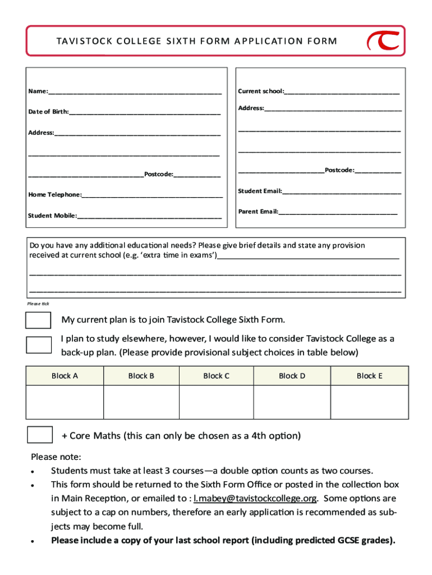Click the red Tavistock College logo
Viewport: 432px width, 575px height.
pos(383,41)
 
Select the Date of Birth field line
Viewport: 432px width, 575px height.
pos(145,112)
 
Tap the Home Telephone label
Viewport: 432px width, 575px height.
pos(54,194)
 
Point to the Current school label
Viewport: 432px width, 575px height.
pos(260,91)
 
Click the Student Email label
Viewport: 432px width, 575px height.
pos(259,191)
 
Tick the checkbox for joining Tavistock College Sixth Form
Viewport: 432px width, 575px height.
pos(39,320)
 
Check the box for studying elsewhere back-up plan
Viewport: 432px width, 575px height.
pos(39,345)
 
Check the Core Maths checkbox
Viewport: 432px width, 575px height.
pos(40,435)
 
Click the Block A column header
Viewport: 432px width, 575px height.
pos(65,376)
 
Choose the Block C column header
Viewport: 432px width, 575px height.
pos(216,376)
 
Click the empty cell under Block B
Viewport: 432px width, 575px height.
pos(141,402)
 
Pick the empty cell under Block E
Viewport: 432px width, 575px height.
pos(369,402)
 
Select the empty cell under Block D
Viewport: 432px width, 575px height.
pos(292,402)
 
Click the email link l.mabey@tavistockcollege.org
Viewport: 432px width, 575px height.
pos(255,498)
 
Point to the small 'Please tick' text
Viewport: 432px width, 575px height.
pos(38,304)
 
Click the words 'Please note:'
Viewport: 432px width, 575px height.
pos(56,456)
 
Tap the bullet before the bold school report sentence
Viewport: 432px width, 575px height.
pos(34,542)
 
